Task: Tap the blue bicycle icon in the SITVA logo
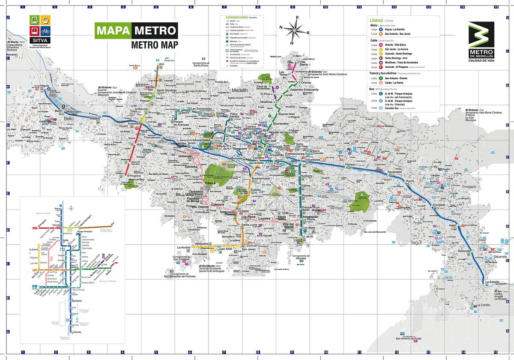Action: (x=46, y=31)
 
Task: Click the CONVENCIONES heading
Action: (x=237, y=18)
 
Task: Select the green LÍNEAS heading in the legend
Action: (x=376, y=20)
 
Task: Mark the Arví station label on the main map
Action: (x=161, y=64)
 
